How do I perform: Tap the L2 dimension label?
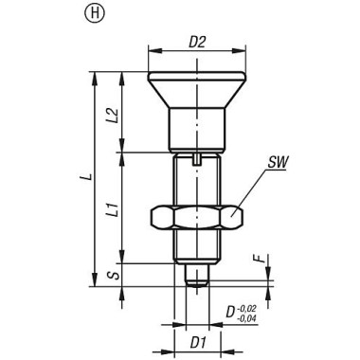tap(112, 116)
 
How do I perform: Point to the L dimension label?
tap(83, 177)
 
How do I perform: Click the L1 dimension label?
tap(112, 206)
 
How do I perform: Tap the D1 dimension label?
tap(198, 338)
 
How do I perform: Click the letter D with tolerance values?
tap(230, 311)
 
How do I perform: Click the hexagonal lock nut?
tap(197, 217)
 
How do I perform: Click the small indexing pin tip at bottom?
tap(197, 276)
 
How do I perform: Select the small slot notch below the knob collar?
tap(197, 158)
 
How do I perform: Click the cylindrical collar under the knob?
tap(197, 127)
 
